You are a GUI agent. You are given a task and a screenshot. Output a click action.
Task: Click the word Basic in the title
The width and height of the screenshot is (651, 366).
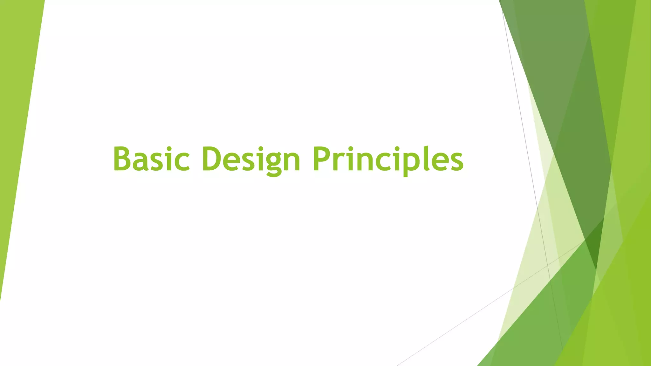pyautogui.click(x=151, y=159)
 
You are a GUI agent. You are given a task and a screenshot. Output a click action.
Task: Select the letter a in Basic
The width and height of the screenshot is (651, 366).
pyautogui.click(x=142, y=162)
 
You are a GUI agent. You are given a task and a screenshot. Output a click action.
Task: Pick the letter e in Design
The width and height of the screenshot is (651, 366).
pyautogui.click(x=233, y=162)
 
